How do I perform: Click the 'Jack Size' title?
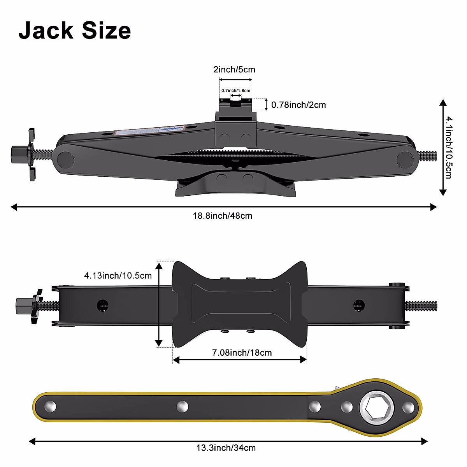point(75,31)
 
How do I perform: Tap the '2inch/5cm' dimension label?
point(234,70)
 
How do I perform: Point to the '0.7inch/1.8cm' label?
point(235,91)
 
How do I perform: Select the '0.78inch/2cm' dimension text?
point(298,105)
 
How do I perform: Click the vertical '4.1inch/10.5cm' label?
point(449,147)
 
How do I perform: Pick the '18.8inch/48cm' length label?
point(223,216)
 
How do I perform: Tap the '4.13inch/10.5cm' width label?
point(118,276)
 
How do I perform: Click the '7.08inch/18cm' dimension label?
point(242,353)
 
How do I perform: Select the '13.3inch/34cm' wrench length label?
point(226,448)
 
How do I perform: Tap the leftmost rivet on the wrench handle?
point(50,407)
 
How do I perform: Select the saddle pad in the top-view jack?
point(240,304)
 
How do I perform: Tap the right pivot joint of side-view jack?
point(405,159)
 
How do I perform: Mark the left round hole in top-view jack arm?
point(103,305)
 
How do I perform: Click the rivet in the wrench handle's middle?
point(182,407)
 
